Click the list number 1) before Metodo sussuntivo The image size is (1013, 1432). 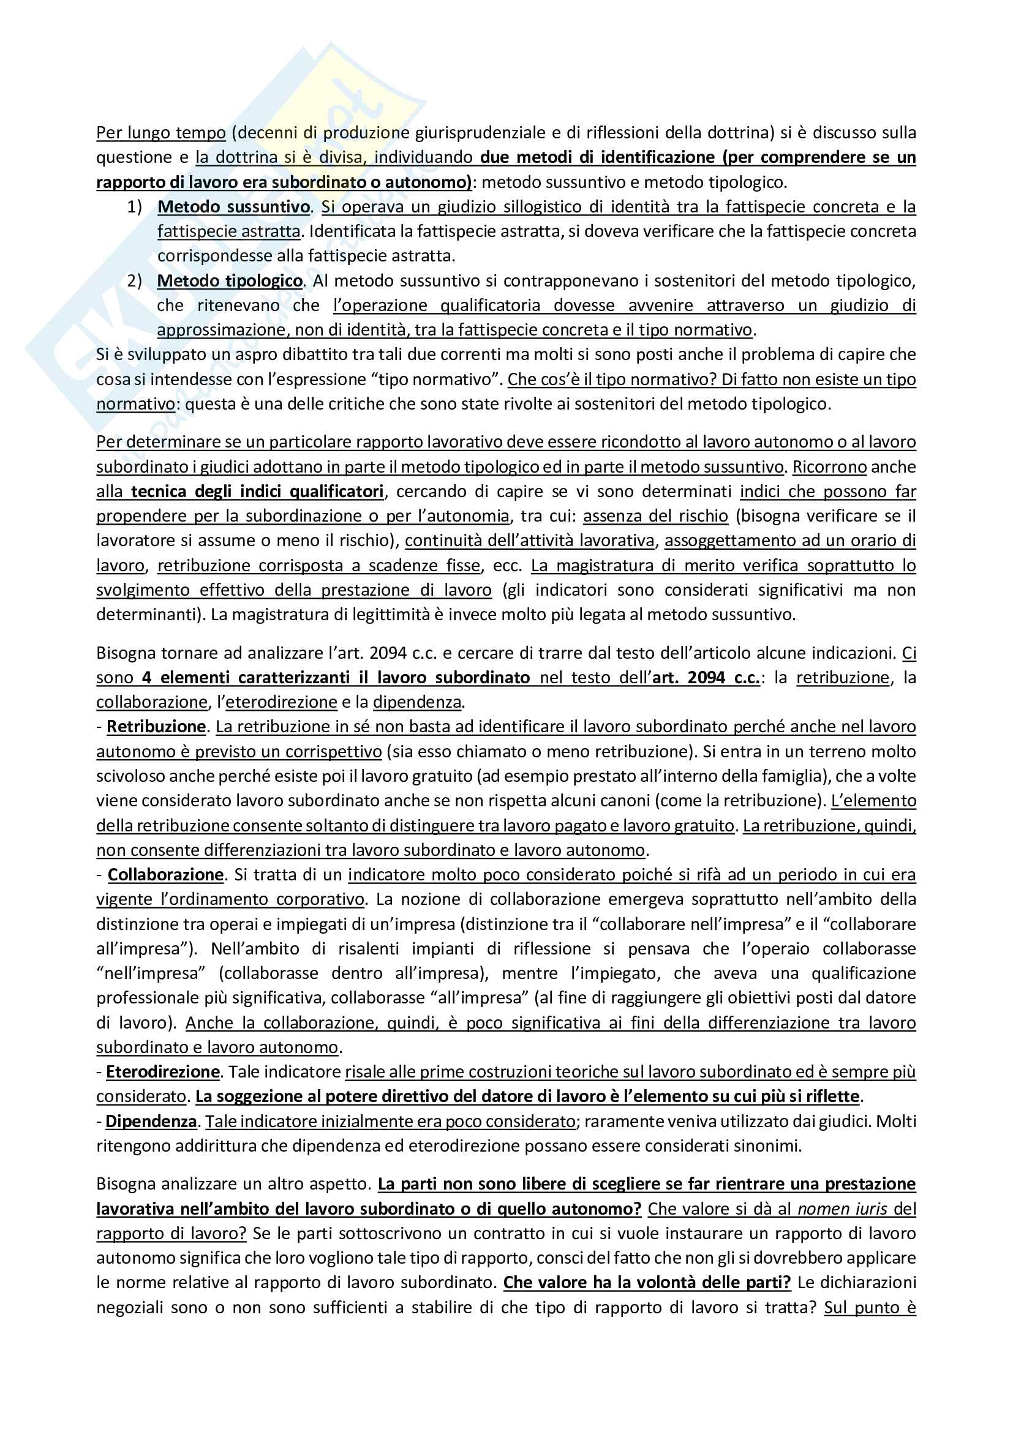135,206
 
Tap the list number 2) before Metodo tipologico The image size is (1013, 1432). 135,280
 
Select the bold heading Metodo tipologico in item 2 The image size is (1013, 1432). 230,280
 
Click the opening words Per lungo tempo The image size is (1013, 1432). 161,132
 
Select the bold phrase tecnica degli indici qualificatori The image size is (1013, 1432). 257,492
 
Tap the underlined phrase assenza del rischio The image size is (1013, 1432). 655,515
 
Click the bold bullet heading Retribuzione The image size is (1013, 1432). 156,727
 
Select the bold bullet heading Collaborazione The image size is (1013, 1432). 165,874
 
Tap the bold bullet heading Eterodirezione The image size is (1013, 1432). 163,1071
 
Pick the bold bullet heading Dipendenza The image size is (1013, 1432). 151,1121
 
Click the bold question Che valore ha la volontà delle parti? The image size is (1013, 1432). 647,1283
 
